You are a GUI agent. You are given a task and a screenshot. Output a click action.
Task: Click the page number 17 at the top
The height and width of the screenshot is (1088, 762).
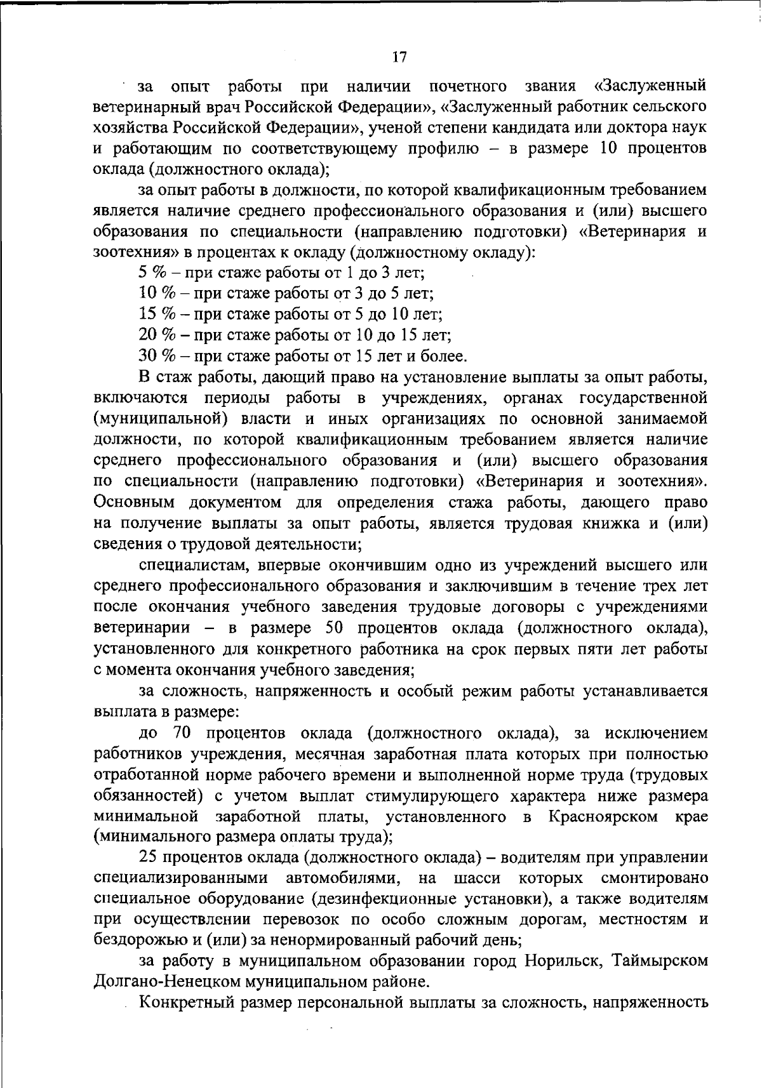coord(399,56)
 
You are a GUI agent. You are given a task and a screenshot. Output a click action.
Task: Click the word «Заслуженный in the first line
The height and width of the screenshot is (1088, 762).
coord(650,86)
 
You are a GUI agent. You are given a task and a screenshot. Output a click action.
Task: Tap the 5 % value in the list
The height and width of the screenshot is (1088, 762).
coord(152,273)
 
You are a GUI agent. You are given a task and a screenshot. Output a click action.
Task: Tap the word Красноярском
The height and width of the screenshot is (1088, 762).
coord(603,816)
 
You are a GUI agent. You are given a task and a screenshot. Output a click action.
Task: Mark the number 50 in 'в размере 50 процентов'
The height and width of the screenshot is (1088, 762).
coord(334,628)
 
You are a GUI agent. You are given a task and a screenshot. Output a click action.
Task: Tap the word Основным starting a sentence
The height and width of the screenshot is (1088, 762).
coord(133,503)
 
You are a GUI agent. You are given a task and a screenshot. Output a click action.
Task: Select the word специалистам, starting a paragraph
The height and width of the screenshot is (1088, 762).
coord(189,565)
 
